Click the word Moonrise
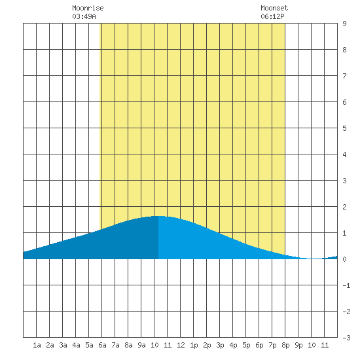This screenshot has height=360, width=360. pyautogui.click(x=88, y=8)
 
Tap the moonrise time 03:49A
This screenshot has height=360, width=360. pyautogui.click(x=84, y=16)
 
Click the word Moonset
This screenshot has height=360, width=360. pyautogui.click(x=274, y=8)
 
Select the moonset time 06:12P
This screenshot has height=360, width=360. pyautogui.click(x=272, y=16)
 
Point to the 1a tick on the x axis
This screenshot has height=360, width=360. pyautogui.click(x=37, y=345)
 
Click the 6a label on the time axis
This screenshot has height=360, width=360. pyautogui.click(x=102, y=345)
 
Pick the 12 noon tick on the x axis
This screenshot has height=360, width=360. pyautogui.click(x=181, y=345)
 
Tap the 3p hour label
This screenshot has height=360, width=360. pyautogui.click(x=220, y=345)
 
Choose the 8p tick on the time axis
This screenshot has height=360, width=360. pyautogui.click(x=285, y=345)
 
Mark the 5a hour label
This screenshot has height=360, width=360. pyautogui.click(x=89, y=345)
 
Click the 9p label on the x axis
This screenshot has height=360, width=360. pyautogui.click(x=298, y=345)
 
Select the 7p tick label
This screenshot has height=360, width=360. pyautogui.click(x=272, y=345)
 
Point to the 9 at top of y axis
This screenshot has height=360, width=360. pyautogui.click(x=344, y=24)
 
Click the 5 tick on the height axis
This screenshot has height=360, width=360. pyautogui.click(x=344, y=128)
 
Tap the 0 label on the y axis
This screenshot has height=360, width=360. pyautogui.click(x=344, y=259)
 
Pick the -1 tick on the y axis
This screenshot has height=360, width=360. pyautogui.click(x=346, y=285)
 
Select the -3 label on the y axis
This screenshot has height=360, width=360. pyautogui.click(x=346, y=338)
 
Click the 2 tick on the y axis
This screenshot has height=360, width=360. pyautogui.click(x=344, y=207)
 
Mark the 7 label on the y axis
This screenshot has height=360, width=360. pyautogui.click(x=344, y=76)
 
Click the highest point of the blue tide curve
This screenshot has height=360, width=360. pyautogui.click(x=158, y=216)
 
